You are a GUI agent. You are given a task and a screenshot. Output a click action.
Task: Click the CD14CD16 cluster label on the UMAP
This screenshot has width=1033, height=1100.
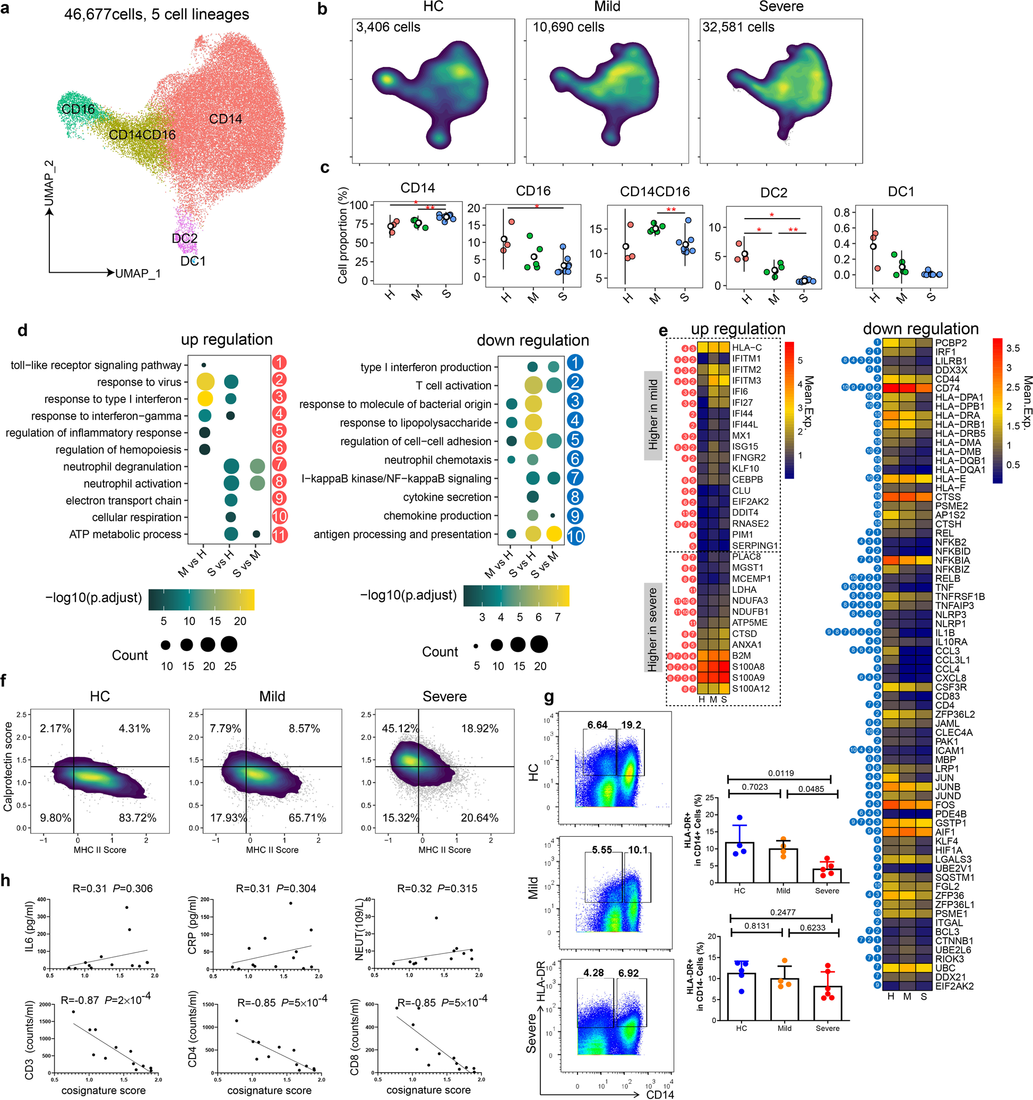tap(142, 134)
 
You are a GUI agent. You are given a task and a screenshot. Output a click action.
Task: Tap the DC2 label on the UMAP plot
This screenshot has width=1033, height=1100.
tap(184, 238)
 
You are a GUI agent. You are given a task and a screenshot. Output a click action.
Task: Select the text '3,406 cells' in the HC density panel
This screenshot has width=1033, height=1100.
tap(388, 27)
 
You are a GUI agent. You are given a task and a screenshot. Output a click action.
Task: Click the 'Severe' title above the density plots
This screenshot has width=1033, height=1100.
tap(780, 7)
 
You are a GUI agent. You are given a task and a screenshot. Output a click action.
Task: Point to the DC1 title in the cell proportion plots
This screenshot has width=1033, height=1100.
tap(901, 192)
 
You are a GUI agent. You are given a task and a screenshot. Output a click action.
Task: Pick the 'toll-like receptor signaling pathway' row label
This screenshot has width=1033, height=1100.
tap(96, 365)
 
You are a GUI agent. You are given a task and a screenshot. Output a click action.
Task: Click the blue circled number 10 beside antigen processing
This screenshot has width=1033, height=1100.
tap(575, 535)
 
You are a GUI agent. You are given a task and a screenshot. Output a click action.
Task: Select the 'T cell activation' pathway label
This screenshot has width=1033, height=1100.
tap(453, 385)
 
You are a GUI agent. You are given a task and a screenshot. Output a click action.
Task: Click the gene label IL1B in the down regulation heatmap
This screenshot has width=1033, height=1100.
tap(945, 632)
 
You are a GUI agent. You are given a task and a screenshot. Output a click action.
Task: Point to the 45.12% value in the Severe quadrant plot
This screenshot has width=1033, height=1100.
tap(400, 728)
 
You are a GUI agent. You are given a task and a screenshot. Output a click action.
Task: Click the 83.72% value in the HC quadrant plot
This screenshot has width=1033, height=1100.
tap(137, 818)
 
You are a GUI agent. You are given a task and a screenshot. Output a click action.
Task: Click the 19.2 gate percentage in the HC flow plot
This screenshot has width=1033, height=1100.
tap(631, 725)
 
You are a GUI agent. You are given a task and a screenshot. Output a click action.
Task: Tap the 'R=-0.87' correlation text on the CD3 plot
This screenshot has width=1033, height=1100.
tap(80, 1000)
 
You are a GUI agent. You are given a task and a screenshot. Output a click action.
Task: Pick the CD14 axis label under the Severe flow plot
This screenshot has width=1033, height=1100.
tap(660, 1094)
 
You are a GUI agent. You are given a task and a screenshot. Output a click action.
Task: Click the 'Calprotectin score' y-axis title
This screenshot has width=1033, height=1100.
tap(8, 766)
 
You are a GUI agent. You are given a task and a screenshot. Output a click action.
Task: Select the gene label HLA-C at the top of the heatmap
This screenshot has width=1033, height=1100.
tap(746, 348)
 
